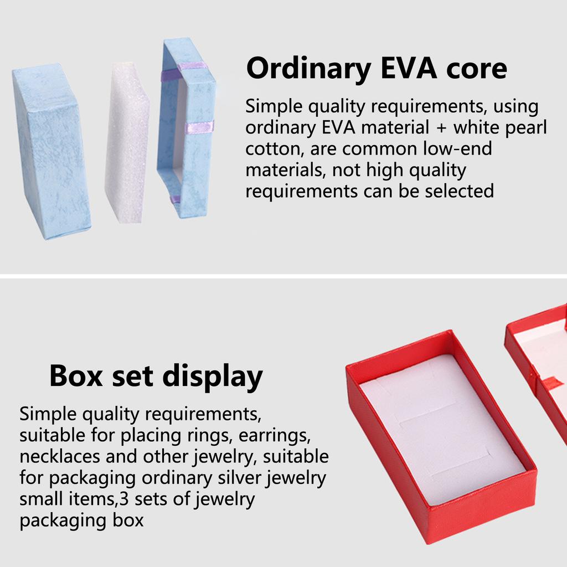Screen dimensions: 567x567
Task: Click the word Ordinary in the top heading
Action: (309, 69)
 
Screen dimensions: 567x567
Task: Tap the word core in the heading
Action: (476, 69)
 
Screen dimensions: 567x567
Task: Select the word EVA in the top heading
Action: (409, 68)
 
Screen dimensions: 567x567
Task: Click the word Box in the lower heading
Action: (76, 376)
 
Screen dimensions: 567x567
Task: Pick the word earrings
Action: (275, 436)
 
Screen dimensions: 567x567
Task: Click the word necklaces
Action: (60, 456)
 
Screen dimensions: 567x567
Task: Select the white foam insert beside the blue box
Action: (127, 142)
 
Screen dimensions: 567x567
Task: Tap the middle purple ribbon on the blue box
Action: (199, 127)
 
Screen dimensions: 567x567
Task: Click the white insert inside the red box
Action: (442, 429)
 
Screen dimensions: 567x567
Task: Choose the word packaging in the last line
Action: (63, 521)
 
